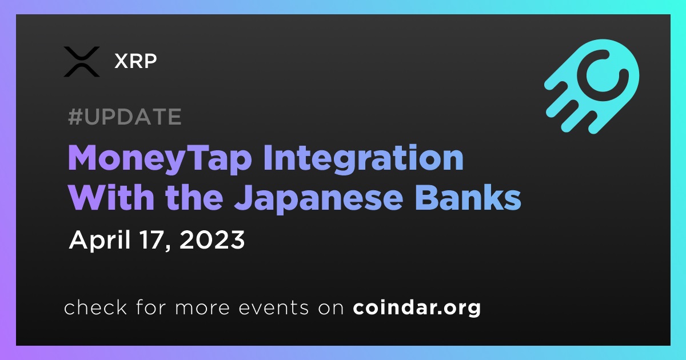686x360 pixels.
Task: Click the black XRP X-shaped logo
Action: (81, 62)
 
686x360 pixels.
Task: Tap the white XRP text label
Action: (135, 61)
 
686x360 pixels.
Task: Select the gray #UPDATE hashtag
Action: (125, 117)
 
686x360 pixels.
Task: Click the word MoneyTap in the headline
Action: (159, 159)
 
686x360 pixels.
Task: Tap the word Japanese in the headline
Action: (319, 199)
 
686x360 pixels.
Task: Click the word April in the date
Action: (100, 241)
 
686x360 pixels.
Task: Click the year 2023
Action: (212, 240)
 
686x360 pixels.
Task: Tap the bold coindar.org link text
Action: (417, 307)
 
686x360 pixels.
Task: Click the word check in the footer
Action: (95, 307)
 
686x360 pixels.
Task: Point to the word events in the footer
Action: (274, 307)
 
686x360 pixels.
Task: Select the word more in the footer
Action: (202, 308)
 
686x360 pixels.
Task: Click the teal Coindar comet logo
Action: (592, 86)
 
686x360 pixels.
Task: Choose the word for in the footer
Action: (151, 307)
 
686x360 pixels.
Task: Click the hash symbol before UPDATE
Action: (75, 117)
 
